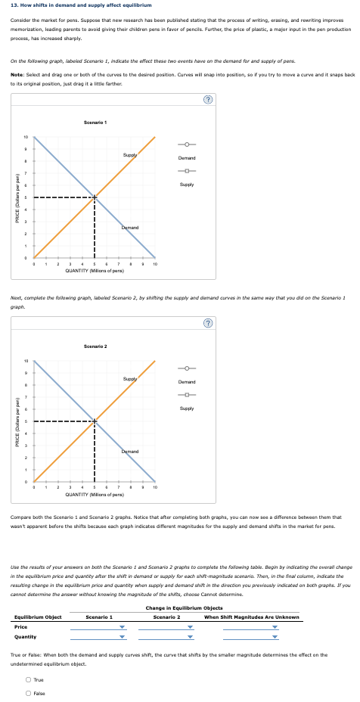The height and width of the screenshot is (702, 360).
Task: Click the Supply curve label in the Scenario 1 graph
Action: tap(131, 154)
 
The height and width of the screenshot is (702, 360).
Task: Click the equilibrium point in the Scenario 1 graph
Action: tap(95, 198)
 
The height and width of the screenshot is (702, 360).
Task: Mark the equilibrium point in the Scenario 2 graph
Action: tap(95, 421)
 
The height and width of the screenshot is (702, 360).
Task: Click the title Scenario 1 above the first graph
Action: tap(95, 123)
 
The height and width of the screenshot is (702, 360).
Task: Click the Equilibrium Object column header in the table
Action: tap(38, 617)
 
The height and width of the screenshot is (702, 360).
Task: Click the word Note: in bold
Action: tap(17, 73)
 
